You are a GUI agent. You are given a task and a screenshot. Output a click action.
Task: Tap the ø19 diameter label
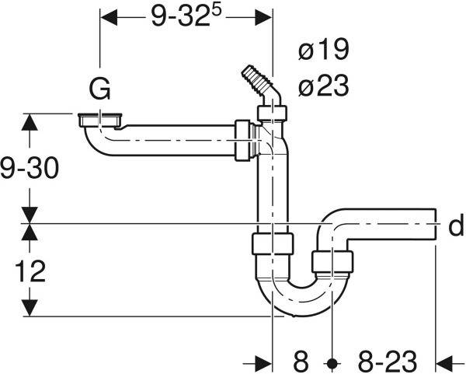[323, 51]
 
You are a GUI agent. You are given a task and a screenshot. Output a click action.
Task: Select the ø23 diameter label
[323, 87]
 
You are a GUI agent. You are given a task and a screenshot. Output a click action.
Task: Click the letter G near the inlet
[99, 89]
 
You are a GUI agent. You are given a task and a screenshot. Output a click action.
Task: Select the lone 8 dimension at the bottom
[301, 361]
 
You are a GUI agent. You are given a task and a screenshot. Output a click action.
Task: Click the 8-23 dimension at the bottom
[386, 361]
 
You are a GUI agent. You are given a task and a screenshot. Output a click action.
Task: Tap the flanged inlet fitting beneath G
[100, 121]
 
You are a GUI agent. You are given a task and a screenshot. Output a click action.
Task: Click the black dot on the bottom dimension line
[332, 362]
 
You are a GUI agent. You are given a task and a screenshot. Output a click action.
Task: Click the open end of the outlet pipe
[434, 226]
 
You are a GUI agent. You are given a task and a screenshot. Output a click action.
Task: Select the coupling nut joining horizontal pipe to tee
[243, 140]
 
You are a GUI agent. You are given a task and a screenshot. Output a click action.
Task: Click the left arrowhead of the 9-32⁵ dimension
[106, 16]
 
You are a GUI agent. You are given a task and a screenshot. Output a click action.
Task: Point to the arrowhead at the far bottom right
[444, 362]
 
